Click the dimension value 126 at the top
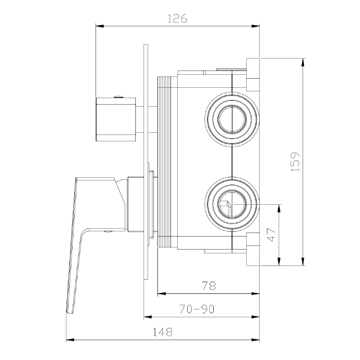pos(177,18)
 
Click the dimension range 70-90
pos(196,309)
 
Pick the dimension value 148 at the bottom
pos(163,333)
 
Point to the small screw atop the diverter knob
pos(119,96)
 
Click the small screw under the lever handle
pos(108,232)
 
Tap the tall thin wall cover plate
pos(146,162)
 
